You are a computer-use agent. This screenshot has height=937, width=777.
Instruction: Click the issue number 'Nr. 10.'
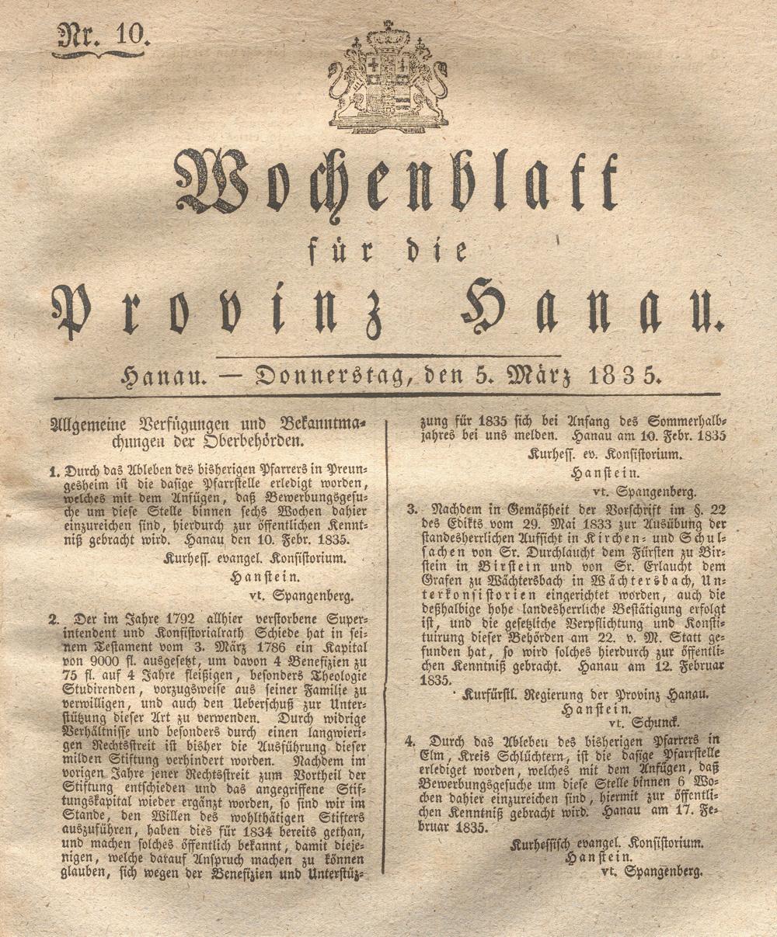pos(99,36)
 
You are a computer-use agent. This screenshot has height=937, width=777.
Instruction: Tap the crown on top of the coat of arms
pos(388,35)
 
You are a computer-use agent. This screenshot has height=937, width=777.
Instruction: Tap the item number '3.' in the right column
pos(412,509)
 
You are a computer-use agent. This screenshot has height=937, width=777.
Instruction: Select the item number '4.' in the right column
pos(409,741)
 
